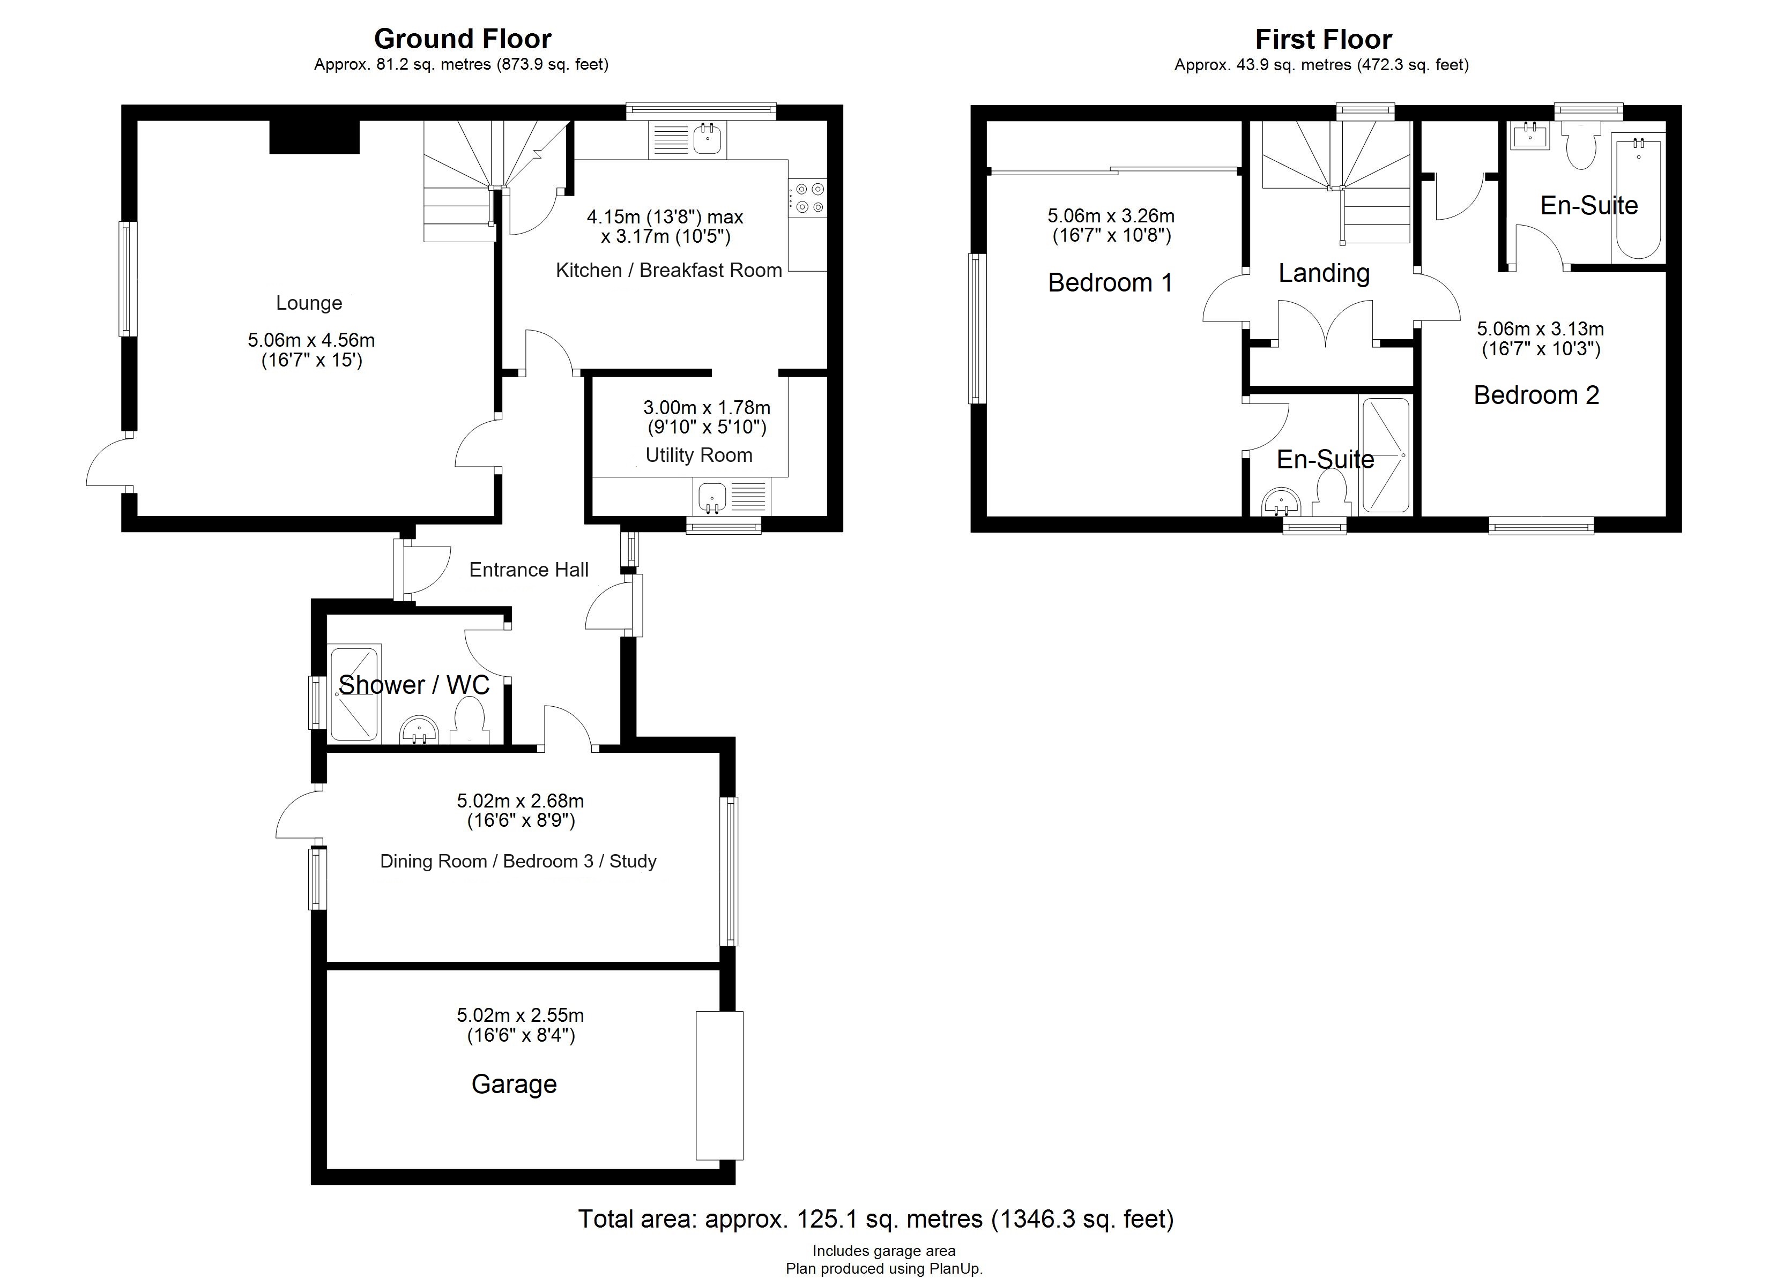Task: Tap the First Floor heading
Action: coord(1323,39)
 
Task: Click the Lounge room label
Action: coord(309,303)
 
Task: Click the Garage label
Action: coord(514,1084)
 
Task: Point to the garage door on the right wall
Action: coord(719,1086)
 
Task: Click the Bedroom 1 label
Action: coord(1110,282)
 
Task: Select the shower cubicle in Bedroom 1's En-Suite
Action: coord(1385,455)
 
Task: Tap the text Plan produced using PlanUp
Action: coord(884,1269)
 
